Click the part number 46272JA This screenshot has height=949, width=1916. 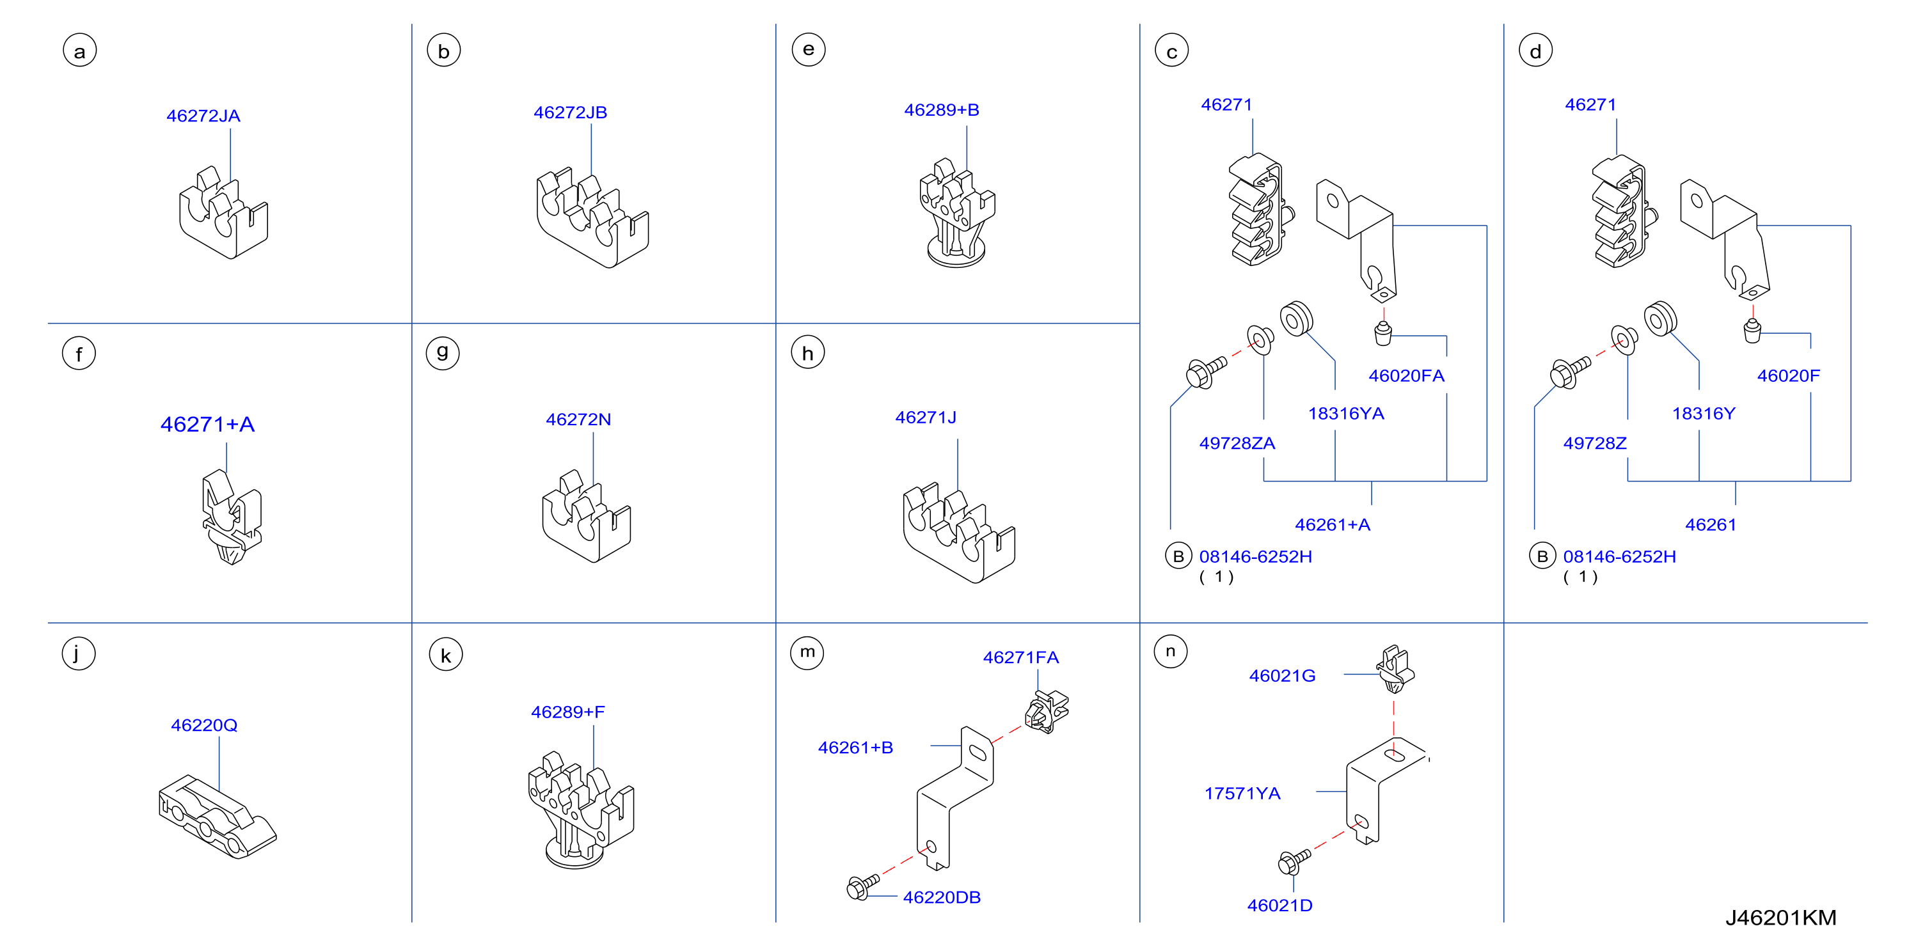tap(203, 116)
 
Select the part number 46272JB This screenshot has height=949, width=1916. tap(571, 113)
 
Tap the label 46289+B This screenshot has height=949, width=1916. tap(942, 110)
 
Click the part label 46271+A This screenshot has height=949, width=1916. tap(207, 424)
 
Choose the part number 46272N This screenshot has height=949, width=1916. tap(579, 420)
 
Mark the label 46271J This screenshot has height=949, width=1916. tap(926, 417)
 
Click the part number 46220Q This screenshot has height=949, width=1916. tap(205, 725)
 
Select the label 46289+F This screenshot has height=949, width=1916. tap(568, 712)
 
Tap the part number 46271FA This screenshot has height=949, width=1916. tap(1021, 657)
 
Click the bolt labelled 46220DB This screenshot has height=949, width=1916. tap(863, 886)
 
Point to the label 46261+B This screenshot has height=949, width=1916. tap(855, 748)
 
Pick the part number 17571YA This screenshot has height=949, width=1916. tap(1242, 794)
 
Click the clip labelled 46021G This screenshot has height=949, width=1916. tap(1395, 669)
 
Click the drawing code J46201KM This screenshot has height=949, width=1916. tap(1780, 918)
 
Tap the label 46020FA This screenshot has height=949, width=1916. tap(1407, 375)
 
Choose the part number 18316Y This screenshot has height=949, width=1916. tap(1703, 414)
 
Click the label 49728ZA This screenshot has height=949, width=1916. tap(1237, 443)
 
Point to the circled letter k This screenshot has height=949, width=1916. tap(445, 655)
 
